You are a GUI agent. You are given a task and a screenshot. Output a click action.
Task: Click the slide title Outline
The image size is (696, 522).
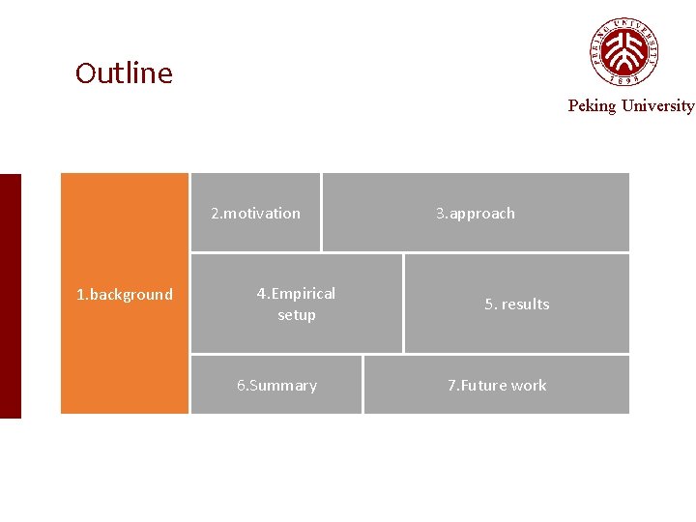click(124, 73)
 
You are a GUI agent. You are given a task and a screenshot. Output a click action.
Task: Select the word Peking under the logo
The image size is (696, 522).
click(592, 106)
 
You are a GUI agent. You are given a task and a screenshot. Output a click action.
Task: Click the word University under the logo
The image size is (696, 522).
click(656, 106)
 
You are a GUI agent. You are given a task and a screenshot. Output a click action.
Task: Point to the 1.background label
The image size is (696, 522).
click(125, 295)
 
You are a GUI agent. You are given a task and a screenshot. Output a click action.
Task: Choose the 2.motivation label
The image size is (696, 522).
click(256, 214)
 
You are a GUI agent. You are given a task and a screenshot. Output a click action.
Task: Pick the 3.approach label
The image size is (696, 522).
click(476, 214)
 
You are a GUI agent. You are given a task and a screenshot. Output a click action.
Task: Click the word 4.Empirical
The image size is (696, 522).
click(296, 294)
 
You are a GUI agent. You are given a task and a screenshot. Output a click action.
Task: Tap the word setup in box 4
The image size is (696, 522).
click(297, 315)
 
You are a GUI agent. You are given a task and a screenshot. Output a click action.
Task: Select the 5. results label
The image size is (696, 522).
click(517, 304)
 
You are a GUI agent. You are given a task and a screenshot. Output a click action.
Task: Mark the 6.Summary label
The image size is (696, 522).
click(277, 386)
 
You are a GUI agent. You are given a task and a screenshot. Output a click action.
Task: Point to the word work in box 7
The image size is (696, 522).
click(529, 386)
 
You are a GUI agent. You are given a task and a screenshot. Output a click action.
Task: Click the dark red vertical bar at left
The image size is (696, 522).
click(10, 296)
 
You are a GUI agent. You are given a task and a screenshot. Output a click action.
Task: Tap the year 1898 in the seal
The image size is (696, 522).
click(625, 79)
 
